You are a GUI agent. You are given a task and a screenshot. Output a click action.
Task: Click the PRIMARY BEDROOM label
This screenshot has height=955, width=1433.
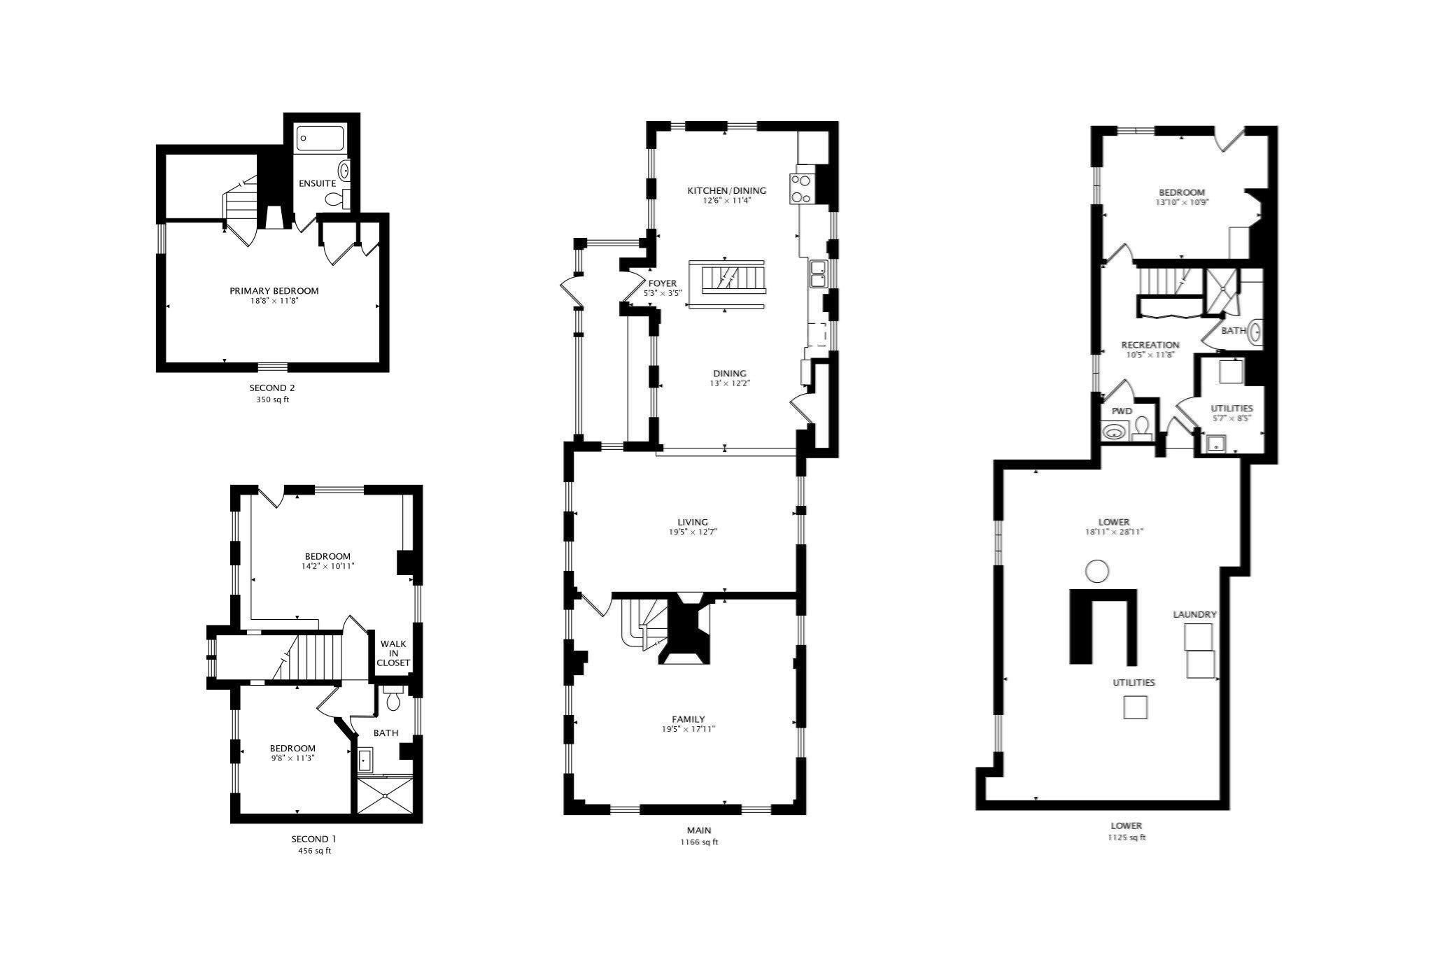274,291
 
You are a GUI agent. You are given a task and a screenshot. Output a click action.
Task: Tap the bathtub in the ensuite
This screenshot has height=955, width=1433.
320,138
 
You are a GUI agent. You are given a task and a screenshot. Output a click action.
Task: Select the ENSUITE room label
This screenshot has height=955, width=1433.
317,183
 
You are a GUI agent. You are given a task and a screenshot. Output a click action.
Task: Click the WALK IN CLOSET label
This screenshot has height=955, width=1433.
393,653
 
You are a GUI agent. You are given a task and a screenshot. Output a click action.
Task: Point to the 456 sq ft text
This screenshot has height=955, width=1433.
314,851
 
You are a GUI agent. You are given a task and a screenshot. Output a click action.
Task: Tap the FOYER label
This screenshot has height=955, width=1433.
662,283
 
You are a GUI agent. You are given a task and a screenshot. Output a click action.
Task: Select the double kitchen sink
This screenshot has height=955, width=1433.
817,273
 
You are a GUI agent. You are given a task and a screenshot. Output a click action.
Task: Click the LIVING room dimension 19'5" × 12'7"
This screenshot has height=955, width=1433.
693,532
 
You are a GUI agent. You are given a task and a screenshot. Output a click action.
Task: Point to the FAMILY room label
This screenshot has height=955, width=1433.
689,719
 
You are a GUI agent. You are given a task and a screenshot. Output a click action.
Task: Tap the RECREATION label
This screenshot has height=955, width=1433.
1150,345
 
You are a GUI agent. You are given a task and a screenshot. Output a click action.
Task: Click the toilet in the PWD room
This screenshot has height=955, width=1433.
1142,427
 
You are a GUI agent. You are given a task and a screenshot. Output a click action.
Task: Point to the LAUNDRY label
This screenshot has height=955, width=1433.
1195,614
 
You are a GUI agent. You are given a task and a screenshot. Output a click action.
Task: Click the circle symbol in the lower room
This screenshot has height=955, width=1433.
1097,572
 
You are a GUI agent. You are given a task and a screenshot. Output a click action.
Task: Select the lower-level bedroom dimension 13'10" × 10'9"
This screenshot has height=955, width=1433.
1182,202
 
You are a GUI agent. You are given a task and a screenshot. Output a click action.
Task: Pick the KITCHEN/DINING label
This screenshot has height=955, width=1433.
726,190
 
